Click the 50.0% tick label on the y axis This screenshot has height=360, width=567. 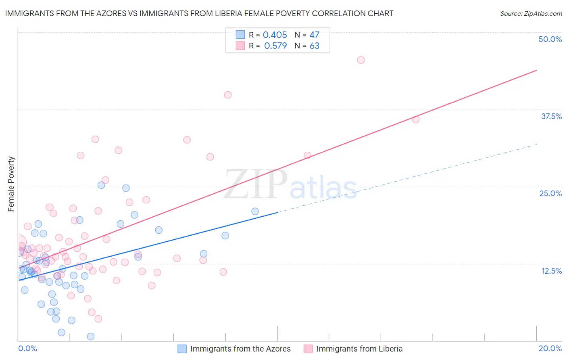click(x=550, y=39)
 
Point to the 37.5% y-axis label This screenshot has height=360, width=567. click(x=551, y=116)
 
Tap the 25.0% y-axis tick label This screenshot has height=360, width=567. click(x=550, y=193)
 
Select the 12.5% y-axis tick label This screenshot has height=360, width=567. click(x=551, y=271)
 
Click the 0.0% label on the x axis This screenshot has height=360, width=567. click(x=27, y=348)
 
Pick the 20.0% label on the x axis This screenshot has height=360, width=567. click(x=550, y=348)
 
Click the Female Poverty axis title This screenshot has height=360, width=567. click(x=11, y=184)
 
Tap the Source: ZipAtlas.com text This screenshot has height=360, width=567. click(x=531, y=13)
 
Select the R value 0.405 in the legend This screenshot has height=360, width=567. click(x=275, y=35)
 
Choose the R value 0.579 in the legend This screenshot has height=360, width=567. click(x=275, y=46)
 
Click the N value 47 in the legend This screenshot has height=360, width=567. click(x=314, y=35)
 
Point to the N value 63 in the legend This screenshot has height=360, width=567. click(x=314, y=46)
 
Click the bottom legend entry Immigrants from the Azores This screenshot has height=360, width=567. click(x=240, y=349)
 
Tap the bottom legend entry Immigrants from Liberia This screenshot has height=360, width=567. click(x=359, y=349)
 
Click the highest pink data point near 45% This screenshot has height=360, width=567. click(x=361, y=60)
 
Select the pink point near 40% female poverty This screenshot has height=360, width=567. click(x=228, y=95)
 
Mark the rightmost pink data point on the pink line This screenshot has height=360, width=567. click(x=416, y=119)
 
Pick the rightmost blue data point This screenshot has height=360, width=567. click(x=255, y=211)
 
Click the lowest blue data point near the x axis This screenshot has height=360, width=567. click(x=91, y=337)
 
